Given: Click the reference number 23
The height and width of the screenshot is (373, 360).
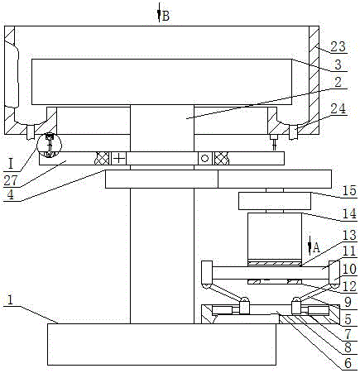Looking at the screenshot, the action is [x=338, y=46].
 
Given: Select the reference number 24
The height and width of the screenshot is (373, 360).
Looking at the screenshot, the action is [x=338, y=109].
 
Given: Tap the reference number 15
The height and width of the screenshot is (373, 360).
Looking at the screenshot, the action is [x=349, y=191].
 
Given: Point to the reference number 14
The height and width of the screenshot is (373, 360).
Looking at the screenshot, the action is [x=349, y=213].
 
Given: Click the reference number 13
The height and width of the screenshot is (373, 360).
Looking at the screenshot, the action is [x=349, y=235].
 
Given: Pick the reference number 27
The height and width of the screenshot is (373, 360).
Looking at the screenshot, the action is [x=11, y=180].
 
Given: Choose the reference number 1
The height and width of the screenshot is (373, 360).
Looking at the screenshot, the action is [x=10, y=300].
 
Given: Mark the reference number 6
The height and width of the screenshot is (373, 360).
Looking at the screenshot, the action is [x=348, y=363].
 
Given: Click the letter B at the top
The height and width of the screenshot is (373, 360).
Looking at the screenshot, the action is [x=166, y=16].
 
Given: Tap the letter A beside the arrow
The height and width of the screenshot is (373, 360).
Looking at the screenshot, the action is [x=317, y=247].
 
